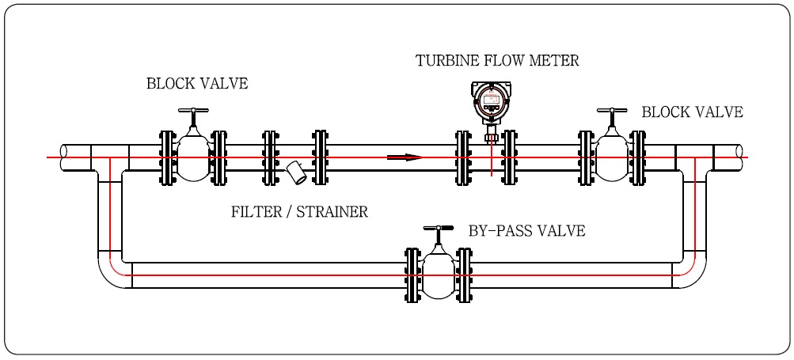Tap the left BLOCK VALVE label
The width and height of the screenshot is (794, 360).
tap(197, 84)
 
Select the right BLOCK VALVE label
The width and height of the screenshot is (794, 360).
tap(692, 112)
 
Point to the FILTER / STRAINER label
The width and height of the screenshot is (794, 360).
tap(299, 212)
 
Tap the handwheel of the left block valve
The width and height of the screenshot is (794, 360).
tap(193, 111)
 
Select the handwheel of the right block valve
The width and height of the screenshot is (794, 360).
tap(611, 111)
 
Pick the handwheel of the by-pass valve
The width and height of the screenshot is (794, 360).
tap(438, 229)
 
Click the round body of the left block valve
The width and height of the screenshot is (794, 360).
tap(193, 156)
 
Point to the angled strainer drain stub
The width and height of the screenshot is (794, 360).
tap(297, 173)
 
